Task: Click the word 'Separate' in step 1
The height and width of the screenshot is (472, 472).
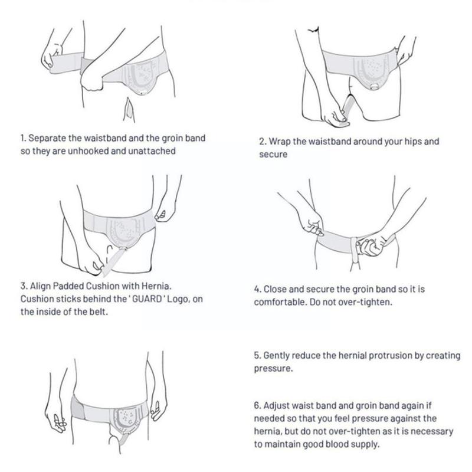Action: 47,138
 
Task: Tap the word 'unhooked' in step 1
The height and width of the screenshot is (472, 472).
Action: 88,151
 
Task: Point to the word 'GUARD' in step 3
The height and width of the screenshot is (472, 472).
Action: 147,299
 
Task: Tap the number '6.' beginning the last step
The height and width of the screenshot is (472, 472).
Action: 257,406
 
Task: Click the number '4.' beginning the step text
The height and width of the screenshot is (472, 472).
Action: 257,289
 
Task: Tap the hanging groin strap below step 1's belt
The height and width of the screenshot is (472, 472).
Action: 129,110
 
